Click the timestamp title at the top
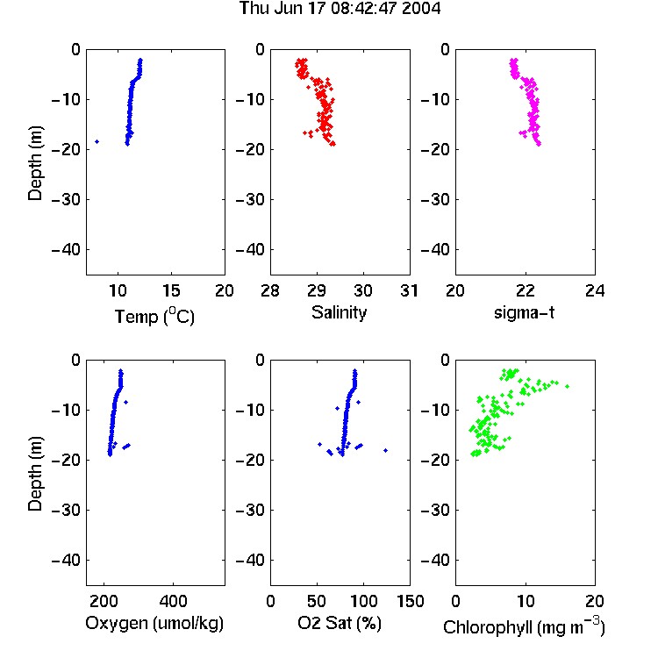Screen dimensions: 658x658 [340, 8]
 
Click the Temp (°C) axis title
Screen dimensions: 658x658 [154, 316]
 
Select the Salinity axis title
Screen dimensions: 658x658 [339, 313]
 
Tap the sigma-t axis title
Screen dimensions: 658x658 [524, 312]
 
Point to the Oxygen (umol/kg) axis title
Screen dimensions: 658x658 [154, 624]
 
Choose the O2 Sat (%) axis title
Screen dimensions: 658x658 [340, 623]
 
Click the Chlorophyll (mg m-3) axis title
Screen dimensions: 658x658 [524, 626]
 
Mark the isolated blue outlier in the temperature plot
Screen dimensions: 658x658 [97, 142]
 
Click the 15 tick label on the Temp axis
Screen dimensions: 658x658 [171, 290]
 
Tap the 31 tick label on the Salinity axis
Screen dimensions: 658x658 [409, 290]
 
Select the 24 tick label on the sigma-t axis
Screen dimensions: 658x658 [595, 290]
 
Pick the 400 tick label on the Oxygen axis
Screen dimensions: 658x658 [174, 601]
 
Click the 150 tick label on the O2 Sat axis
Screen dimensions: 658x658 [410, 601]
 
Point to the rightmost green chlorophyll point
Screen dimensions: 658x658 [568, 386]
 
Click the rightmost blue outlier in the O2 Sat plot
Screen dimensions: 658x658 [386, 450]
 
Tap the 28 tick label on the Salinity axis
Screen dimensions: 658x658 [270, 290]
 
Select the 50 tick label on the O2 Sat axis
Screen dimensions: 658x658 [317, 601]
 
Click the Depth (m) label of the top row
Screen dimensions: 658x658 [35, 163]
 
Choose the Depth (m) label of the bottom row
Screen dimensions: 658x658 [35, 474]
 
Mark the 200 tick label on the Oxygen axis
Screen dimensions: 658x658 [104, 601]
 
